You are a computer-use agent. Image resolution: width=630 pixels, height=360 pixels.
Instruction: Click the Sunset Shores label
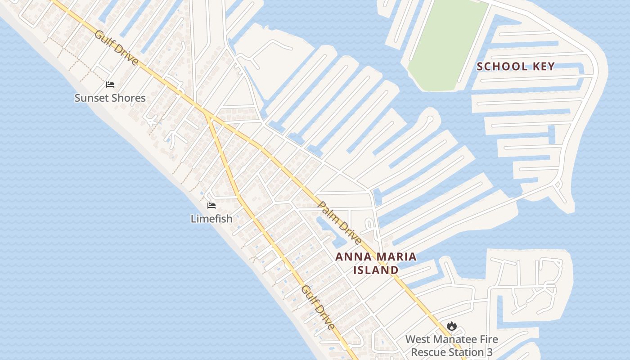(x=110, y=98)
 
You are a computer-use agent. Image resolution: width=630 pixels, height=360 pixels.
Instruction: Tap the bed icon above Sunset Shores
(x=110, y=84)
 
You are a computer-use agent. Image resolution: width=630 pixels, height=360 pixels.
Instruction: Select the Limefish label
(x=211, y=219)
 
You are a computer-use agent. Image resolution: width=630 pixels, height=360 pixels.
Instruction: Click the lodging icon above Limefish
(x=211, y=206)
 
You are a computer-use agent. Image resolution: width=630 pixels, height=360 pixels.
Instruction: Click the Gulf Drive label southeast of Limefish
(x=318, y=307)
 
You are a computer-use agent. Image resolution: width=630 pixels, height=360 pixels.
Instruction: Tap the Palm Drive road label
(x=340, y=223)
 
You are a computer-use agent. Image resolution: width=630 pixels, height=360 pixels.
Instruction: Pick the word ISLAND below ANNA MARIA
(x=376, y=270)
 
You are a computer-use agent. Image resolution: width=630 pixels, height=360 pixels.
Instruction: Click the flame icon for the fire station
(x=452, y=326)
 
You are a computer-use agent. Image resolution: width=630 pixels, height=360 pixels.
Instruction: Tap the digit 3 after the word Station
(x=489, y=352)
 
